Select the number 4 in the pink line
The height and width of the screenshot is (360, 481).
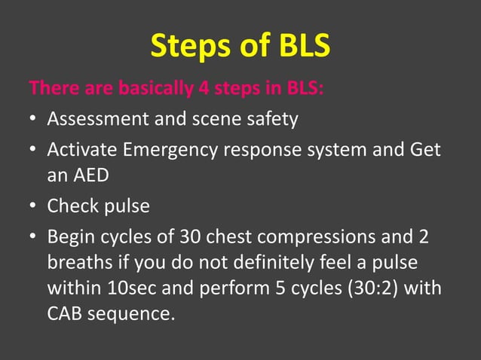click(203, 89)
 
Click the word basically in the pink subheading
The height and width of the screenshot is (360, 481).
click(155, 89)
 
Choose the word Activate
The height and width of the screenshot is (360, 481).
click(80, 150)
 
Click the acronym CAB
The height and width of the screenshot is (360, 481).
click(65, 312)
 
